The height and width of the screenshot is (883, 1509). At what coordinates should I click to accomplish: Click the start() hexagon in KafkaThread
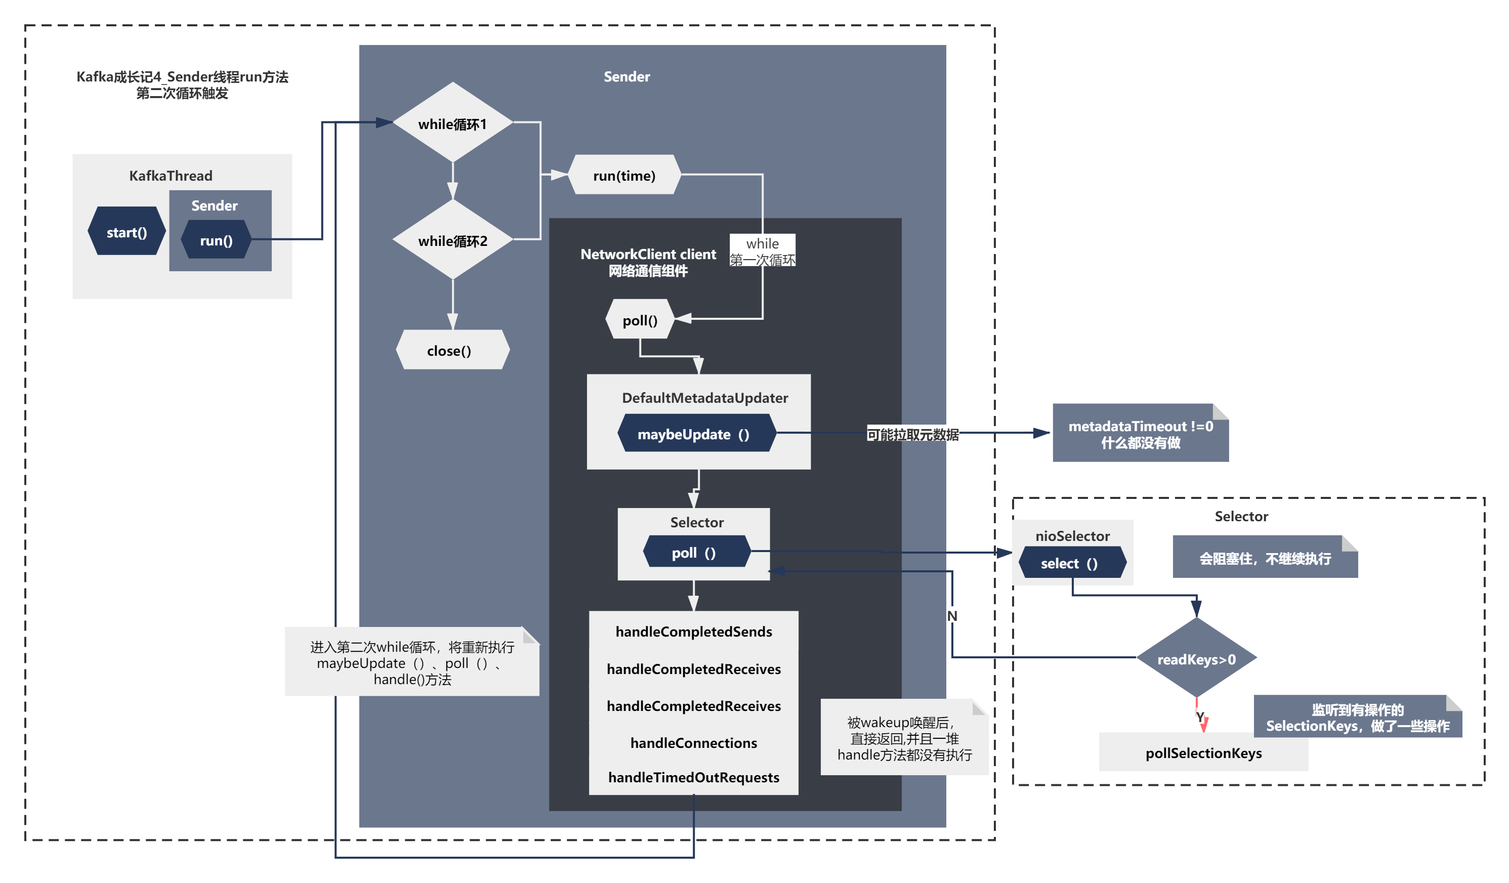pos(127,232)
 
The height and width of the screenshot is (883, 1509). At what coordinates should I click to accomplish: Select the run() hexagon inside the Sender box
pos(216,240)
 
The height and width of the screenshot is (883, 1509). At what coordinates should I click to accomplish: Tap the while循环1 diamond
pos(453,123)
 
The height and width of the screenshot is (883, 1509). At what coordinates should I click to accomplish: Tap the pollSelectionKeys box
pos(1203,753)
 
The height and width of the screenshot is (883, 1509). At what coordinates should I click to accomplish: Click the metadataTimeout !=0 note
pos(1140,434)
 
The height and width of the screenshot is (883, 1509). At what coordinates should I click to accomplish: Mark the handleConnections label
pos(693,743)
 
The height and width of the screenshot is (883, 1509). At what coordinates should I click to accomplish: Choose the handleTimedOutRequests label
pos(693,777)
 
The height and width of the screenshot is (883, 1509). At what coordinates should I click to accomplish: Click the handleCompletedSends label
pos(693,632)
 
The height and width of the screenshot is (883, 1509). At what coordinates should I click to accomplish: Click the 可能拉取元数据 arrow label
pos(912,435)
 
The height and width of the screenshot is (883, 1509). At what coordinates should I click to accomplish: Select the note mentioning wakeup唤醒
pos(904,738)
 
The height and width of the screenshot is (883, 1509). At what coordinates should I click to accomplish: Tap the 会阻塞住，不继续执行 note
pos(1264,558)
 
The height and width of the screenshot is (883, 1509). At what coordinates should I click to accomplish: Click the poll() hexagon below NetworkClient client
pos(640,320)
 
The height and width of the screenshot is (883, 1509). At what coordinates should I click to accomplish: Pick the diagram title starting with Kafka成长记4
pos(182,85)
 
